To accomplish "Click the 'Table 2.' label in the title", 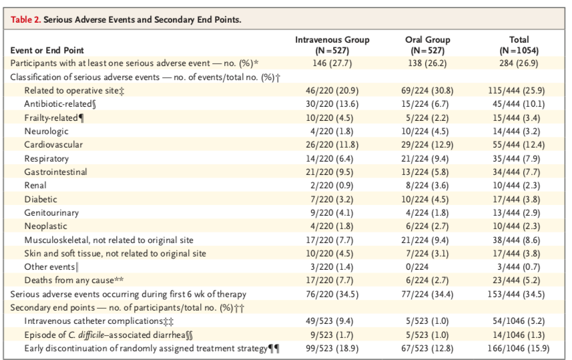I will click(x=25, y=20).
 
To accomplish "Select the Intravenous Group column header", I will click(x=332, y=45).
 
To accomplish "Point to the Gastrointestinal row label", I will click(x=55, y=172).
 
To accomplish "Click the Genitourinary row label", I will click(x=51, y=212).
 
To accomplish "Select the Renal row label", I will click(x=35, y=185).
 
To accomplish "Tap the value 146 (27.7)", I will click(x=332, y=63).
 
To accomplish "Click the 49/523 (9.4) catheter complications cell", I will click(x=332, y=321).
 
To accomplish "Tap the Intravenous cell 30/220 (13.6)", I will click(x=332, y=104).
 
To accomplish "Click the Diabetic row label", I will click(x=41, y=199).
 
